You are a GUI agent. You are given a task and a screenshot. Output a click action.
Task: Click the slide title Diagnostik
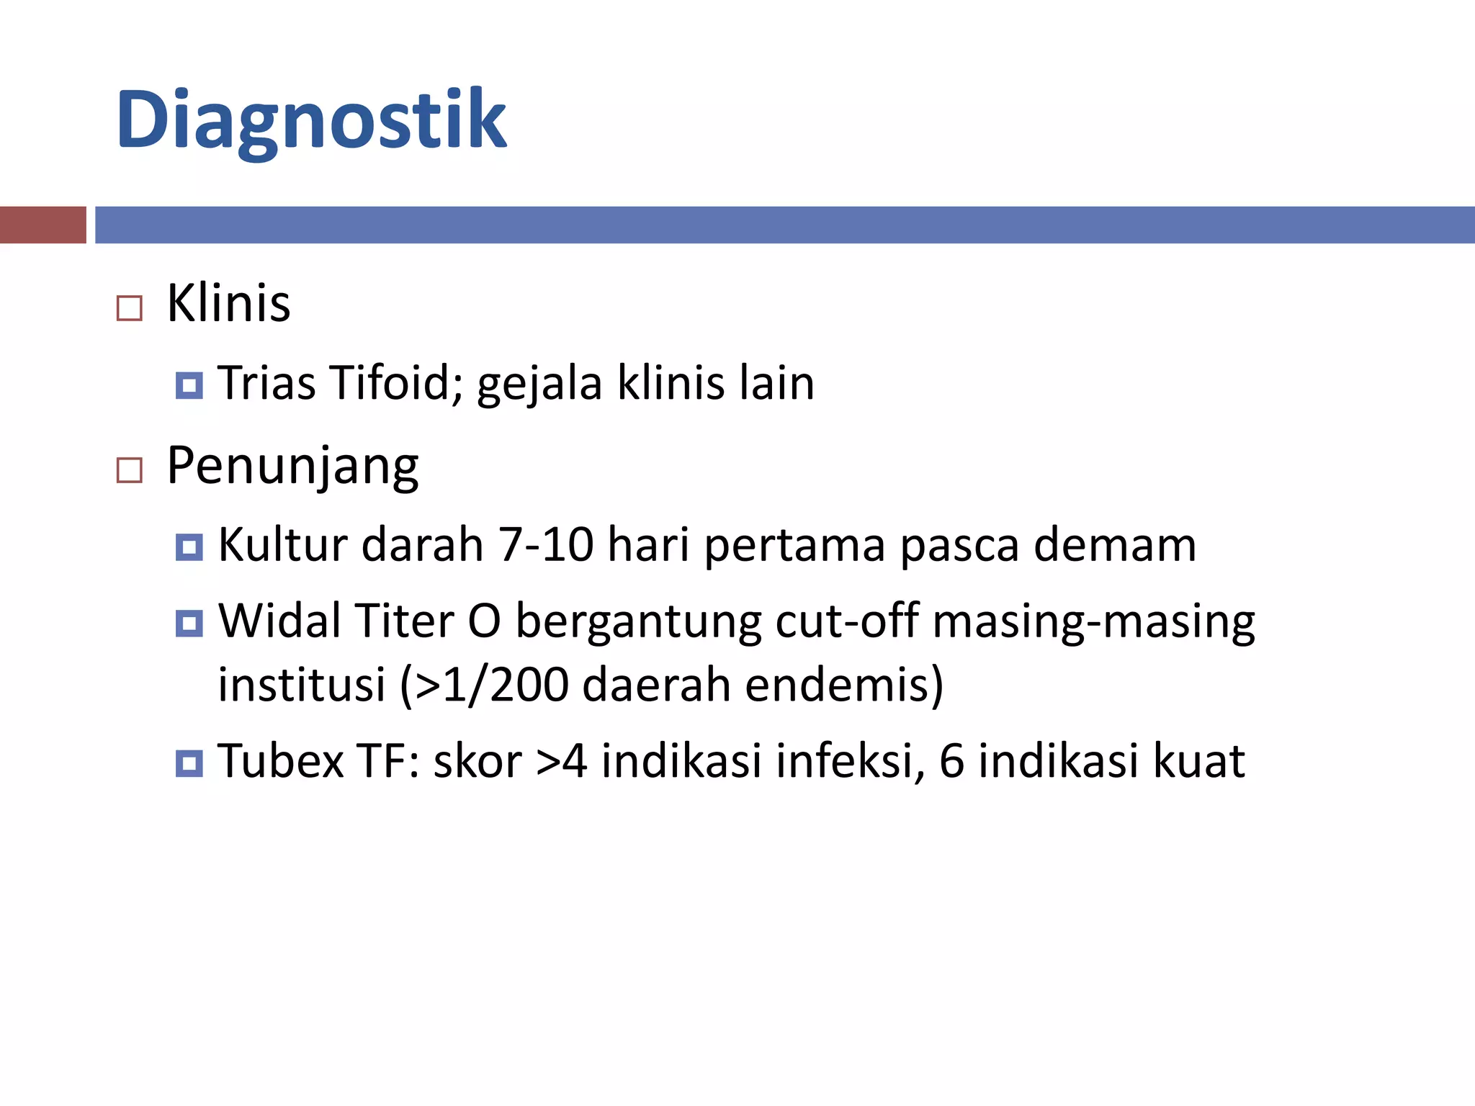pyautogui.click(x=311, y=121)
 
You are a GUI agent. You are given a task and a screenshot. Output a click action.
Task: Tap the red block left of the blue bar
pyautogui.click(x=42, y=225)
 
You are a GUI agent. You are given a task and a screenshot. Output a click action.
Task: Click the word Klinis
pyautogui.click(x=228, y=303)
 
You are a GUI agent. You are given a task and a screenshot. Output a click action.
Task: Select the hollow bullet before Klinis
pyautogui.click(x=130, y=308)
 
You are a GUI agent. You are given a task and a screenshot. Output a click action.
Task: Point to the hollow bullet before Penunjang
pyautogui.click(x=130, y=471)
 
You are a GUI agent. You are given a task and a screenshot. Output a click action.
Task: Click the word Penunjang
pyautogui.click(x=292, y=467)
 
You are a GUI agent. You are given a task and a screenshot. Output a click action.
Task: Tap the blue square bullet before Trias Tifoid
pyautogui.click(x=189, y=385)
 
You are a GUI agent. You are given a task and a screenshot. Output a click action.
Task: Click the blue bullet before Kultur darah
pyautogui.click(x=189, y=547)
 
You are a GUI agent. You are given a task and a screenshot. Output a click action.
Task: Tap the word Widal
pyautogui.click(x=277, y=621)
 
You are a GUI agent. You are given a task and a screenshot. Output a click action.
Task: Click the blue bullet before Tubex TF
pyautogui.click(x=189, y=763)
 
